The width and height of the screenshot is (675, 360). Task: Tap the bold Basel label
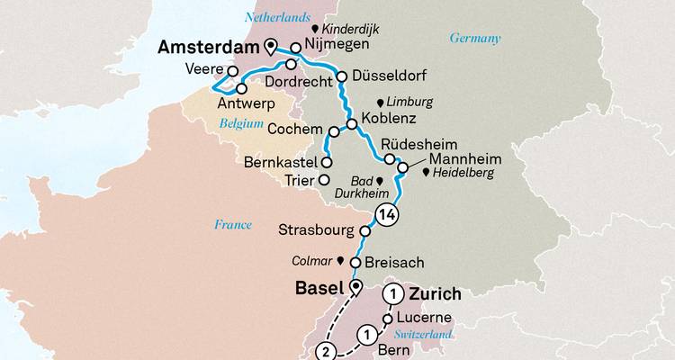point(320,289)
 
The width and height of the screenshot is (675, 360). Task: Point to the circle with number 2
point(325,350)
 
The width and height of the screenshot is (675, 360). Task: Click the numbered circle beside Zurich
point(393,293)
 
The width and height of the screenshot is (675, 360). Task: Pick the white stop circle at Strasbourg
point(365,228)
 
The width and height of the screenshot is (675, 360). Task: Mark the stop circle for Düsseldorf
point(341,76)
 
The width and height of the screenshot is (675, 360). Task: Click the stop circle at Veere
point(233,70)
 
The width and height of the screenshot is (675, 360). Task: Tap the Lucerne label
point(427,319)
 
